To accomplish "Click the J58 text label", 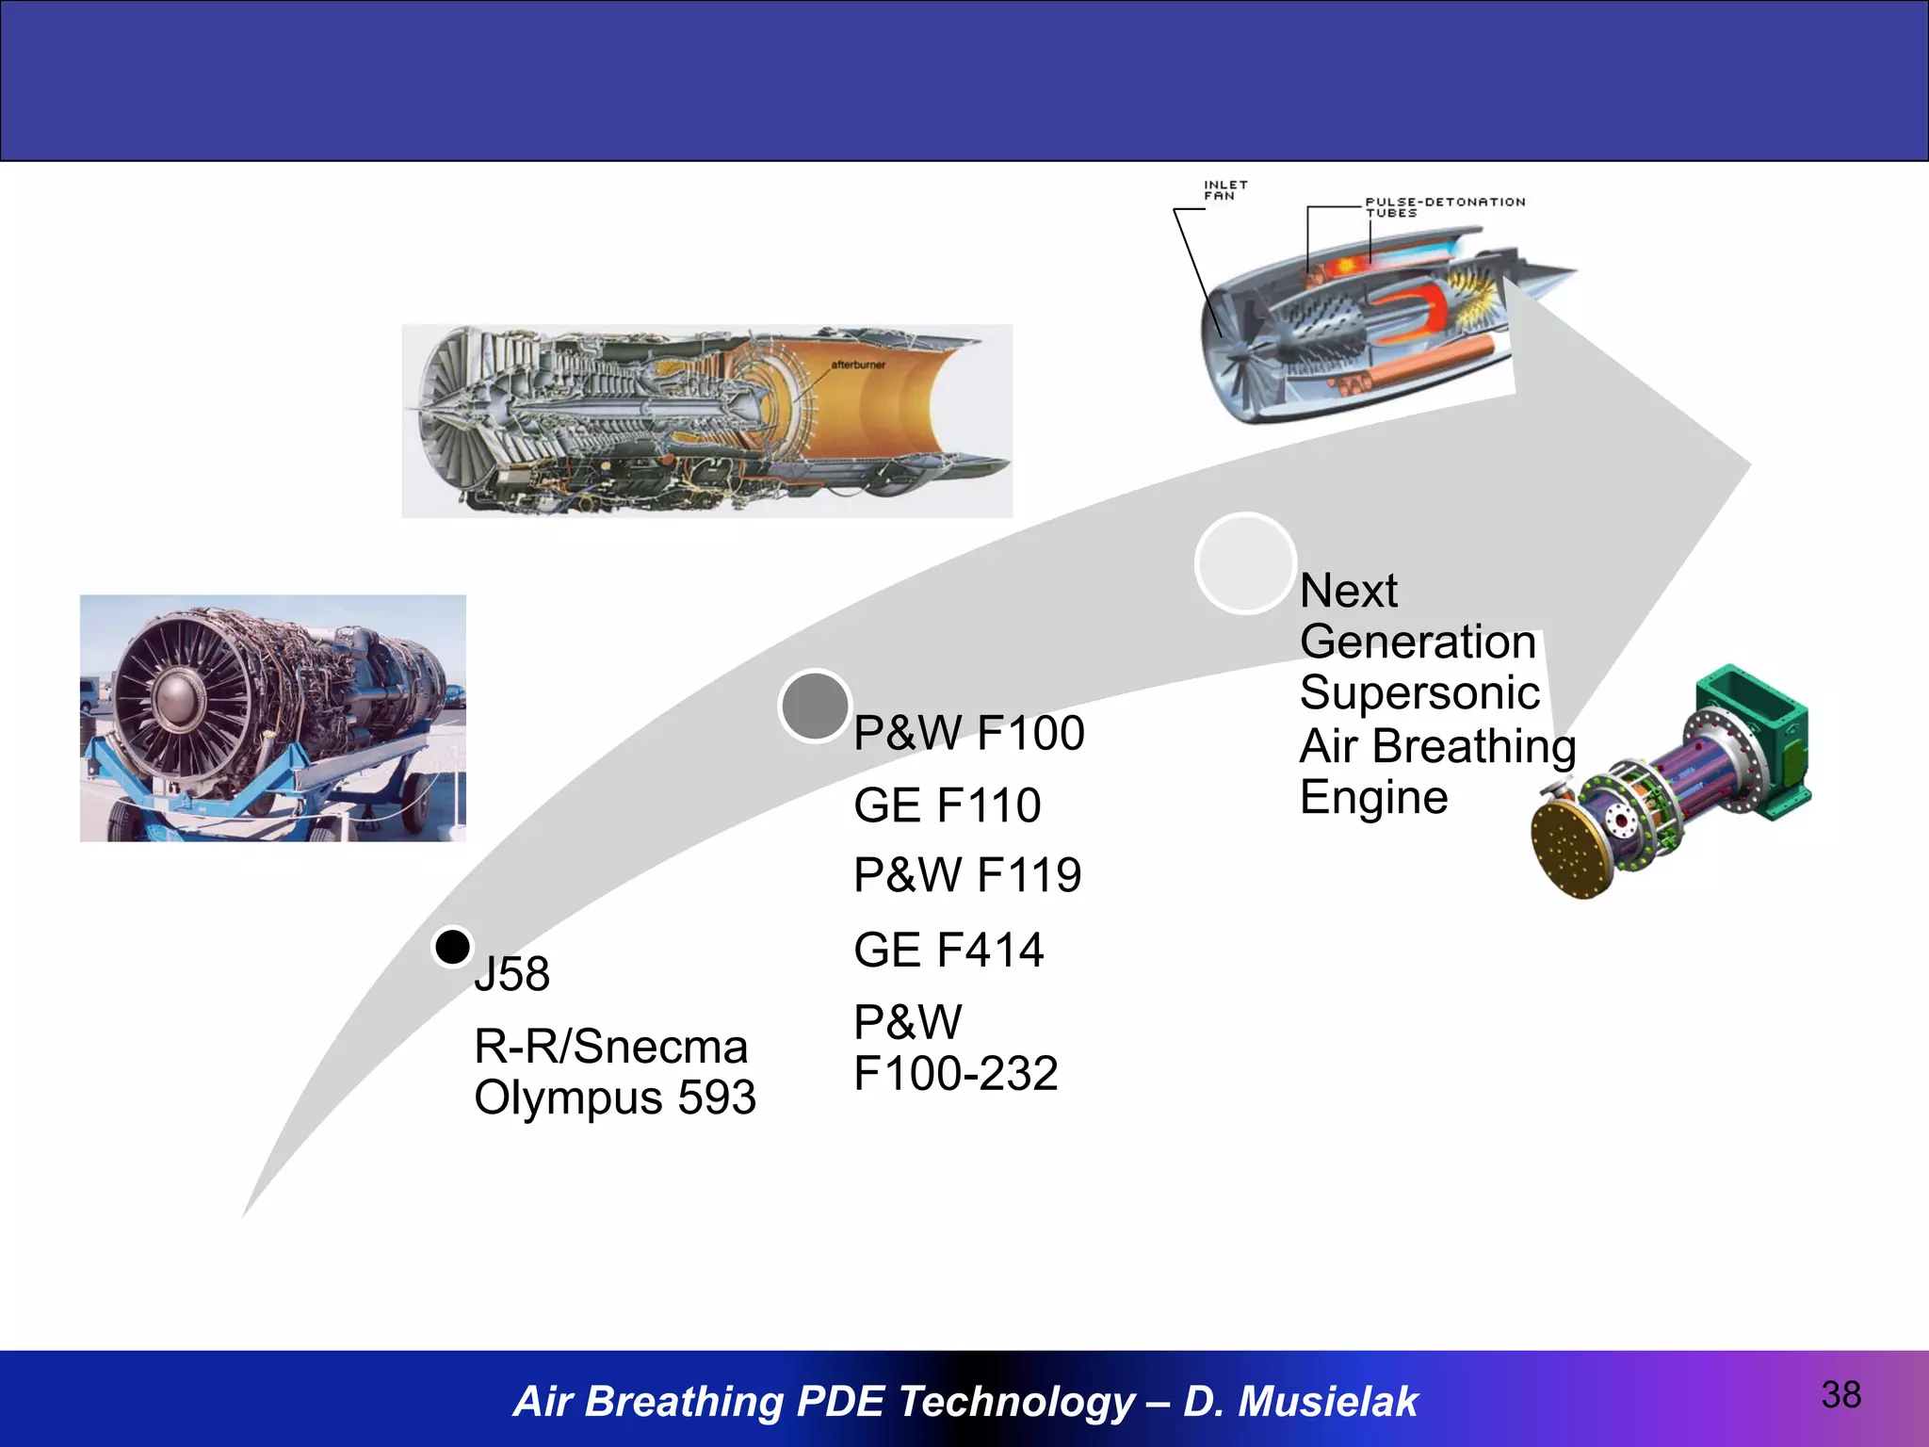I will [512, 974].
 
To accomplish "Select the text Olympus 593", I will [614, 1097].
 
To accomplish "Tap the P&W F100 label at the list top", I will [968, 733].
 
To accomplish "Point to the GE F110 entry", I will [947, 805].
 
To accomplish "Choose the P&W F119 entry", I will [967, 875].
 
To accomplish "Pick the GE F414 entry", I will [948, 950].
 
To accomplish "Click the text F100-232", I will [955, 1073].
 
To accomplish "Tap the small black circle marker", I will [452, 947].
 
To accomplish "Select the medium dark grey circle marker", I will [815, 706].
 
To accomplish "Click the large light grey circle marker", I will [1245, 563].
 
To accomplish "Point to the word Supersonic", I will [1419, 692].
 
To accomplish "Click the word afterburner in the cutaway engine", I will [857, 365].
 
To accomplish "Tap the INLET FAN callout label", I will [1224, 190].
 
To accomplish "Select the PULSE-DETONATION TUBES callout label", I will [1444, 206].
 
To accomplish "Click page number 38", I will [1840, 1395].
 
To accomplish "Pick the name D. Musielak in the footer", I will [1300, 1401].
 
